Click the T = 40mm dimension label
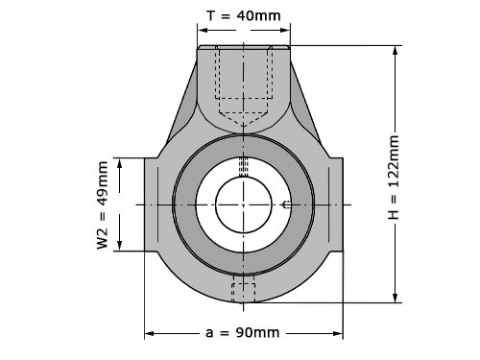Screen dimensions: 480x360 click(244, 15)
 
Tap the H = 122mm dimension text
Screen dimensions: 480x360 click(394, 178)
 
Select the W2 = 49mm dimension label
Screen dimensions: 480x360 click(103, 205)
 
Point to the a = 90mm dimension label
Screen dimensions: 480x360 click(242, 333)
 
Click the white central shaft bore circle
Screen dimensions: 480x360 click(244, 204)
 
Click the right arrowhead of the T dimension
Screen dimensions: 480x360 click(284, 30)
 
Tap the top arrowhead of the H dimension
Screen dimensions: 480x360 click(396, 52)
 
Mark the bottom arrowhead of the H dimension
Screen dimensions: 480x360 click(396, 297)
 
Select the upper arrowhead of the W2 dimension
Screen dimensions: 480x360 click(120, 164)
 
